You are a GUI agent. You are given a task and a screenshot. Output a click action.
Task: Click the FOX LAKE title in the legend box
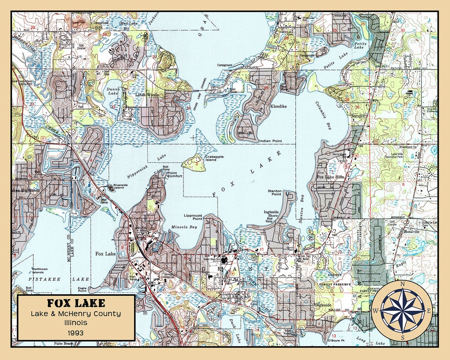tap(76, 303)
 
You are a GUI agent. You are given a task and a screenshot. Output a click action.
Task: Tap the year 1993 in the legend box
tap(76, 332)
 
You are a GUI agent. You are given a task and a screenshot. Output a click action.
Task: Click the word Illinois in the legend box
tap(76, 323)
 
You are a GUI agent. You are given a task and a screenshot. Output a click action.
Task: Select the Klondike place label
tap(278, 107)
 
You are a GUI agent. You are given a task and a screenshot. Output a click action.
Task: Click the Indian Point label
tap(270, 141)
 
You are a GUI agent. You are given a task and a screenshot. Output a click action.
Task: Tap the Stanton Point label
tap(275, 192)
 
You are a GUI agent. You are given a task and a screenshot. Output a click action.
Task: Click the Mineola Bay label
tap(184, 227)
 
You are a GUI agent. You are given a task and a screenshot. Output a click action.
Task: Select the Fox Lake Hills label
tap(330, 177)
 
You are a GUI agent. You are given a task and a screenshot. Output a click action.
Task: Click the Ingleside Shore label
tap(271, 214)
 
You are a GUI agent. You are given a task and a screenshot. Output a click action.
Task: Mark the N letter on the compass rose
tap(402, 284)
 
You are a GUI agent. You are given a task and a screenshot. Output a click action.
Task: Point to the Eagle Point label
tap(82, 290)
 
